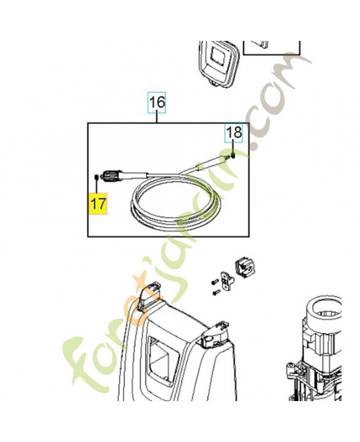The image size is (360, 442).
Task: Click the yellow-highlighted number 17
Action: (98, 203)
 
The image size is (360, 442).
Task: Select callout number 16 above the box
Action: (157, 102)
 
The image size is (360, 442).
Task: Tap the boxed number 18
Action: (234, 132)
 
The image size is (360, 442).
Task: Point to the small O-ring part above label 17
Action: (96, 177)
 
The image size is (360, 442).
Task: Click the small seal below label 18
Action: (233, 155)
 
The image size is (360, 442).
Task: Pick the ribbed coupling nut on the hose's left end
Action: (113, 176)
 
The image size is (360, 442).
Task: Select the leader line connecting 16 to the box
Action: (157, 118)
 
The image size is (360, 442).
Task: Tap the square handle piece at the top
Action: (218, 62)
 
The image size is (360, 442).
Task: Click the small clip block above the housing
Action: (245, 267)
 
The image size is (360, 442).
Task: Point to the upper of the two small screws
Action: (215, 282)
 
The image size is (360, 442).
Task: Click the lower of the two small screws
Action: (216, 292)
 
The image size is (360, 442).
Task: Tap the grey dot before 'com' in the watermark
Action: (255, 145)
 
